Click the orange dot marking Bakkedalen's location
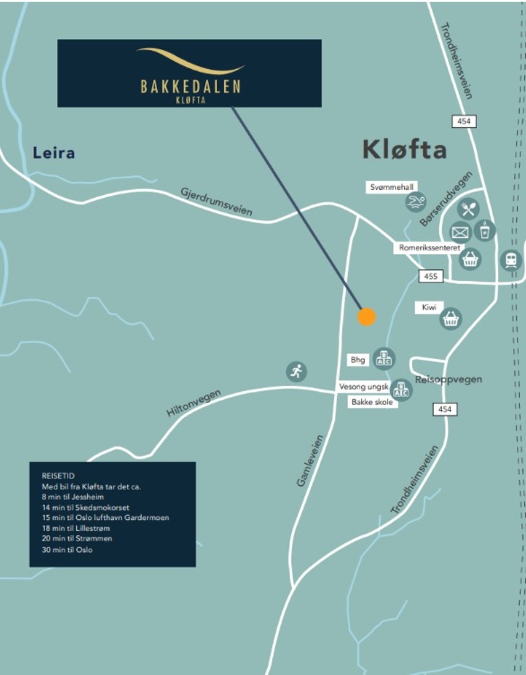367,316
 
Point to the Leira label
54,153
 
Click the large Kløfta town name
404,150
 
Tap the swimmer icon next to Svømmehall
416,203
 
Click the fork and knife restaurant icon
469,209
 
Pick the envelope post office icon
460,232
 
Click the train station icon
511,260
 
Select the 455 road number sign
431,276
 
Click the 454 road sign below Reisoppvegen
445,409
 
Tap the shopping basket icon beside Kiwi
451,319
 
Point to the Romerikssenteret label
429,247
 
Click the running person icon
296,371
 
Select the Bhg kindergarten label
358,359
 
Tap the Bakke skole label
372,402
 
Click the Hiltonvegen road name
194,404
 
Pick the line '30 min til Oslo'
67,550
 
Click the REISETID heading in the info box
57,476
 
